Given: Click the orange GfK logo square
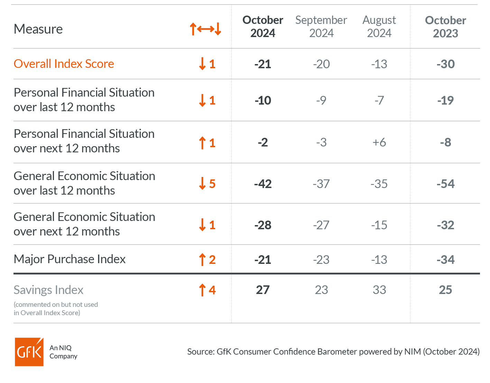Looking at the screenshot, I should point(29,352).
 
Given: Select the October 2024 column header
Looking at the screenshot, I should point(262,27).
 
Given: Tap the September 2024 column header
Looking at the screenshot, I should point(321,27).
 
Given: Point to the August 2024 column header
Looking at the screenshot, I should point(379,27).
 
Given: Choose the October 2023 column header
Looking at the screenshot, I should point(445,27).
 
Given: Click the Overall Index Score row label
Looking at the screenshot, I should point(64,64).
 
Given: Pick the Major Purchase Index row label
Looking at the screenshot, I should point(70,259).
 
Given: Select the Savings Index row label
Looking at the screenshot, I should point(48,290).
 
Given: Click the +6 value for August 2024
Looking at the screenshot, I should point(379,142).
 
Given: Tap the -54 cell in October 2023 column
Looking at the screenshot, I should point(445,184).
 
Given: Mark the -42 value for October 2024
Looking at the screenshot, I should point(262,184).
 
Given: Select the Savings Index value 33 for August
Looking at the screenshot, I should point(379,290).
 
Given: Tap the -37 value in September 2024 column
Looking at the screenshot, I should point(321,184).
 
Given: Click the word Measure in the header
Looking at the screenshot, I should point(38,29).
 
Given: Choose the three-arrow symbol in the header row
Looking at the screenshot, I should point(205,29).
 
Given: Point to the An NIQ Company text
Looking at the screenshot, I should point(63,352).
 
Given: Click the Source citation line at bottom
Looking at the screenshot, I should point(333,352).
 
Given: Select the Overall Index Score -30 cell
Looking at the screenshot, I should point(445,64).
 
